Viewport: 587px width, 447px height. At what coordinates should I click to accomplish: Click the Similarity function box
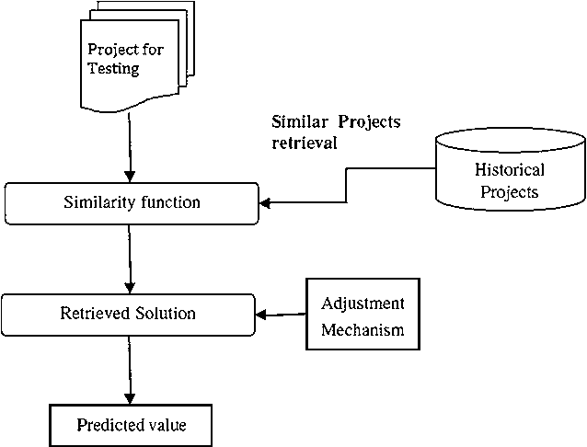[131, 201]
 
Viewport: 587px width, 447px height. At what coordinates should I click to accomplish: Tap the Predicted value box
[130, 426]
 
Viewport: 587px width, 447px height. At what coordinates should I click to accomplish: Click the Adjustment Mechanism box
[362, 317]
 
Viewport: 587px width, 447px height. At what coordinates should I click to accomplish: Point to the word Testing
[113, 69]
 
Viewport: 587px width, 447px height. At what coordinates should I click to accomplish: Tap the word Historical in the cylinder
[509, 169]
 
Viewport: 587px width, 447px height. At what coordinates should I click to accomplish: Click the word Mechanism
[363, 330]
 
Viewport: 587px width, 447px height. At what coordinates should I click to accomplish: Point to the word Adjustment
[363, 304]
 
